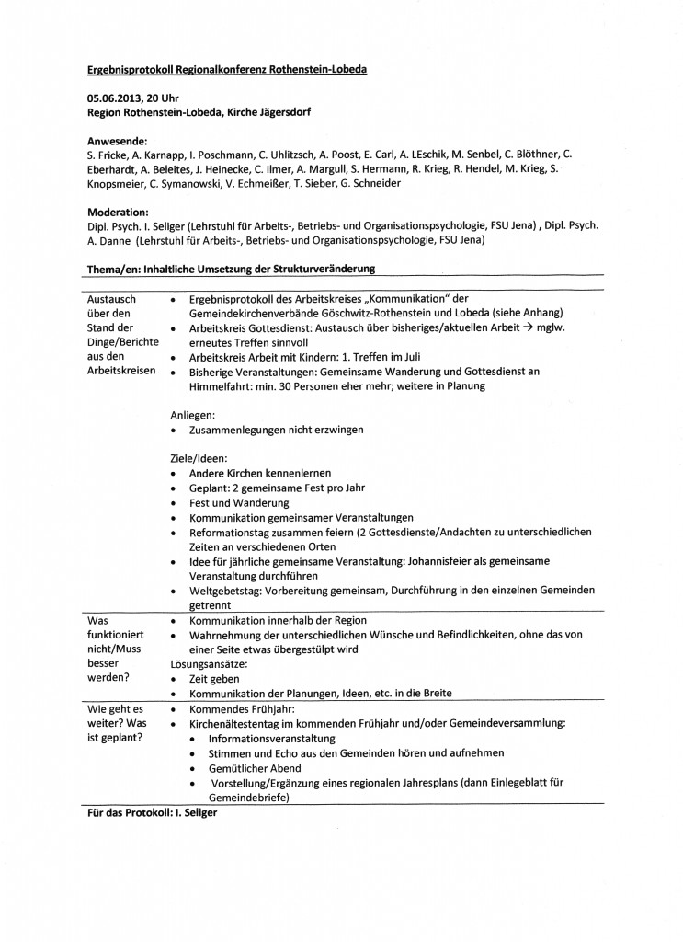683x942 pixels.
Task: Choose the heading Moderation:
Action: click(119, 212)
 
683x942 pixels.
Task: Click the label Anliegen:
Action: click(193, 416)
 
